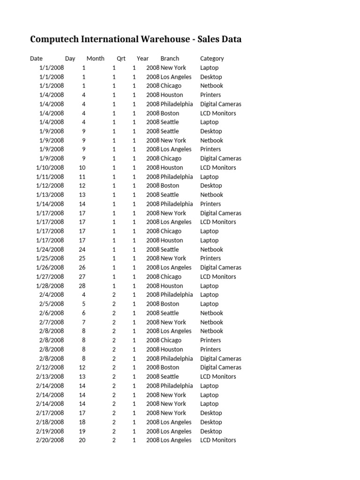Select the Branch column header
pos(170,59)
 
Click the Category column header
pos(212,59)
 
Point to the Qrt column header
pos(121,59)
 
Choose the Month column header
pos(96,59)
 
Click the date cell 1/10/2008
pos(50,167)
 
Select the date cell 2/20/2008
pos(50,440)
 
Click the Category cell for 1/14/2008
pos(210,204)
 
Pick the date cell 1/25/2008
pos(50,258)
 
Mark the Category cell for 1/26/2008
pos(221,268)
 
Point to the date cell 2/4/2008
pos(52,295)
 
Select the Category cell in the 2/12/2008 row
pos(221,367)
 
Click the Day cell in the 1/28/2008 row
pos(82,286)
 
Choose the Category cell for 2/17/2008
pos(211,413)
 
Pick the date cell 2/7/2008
pos(52,322)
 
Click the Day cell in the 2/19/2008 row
pos(82,431)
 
